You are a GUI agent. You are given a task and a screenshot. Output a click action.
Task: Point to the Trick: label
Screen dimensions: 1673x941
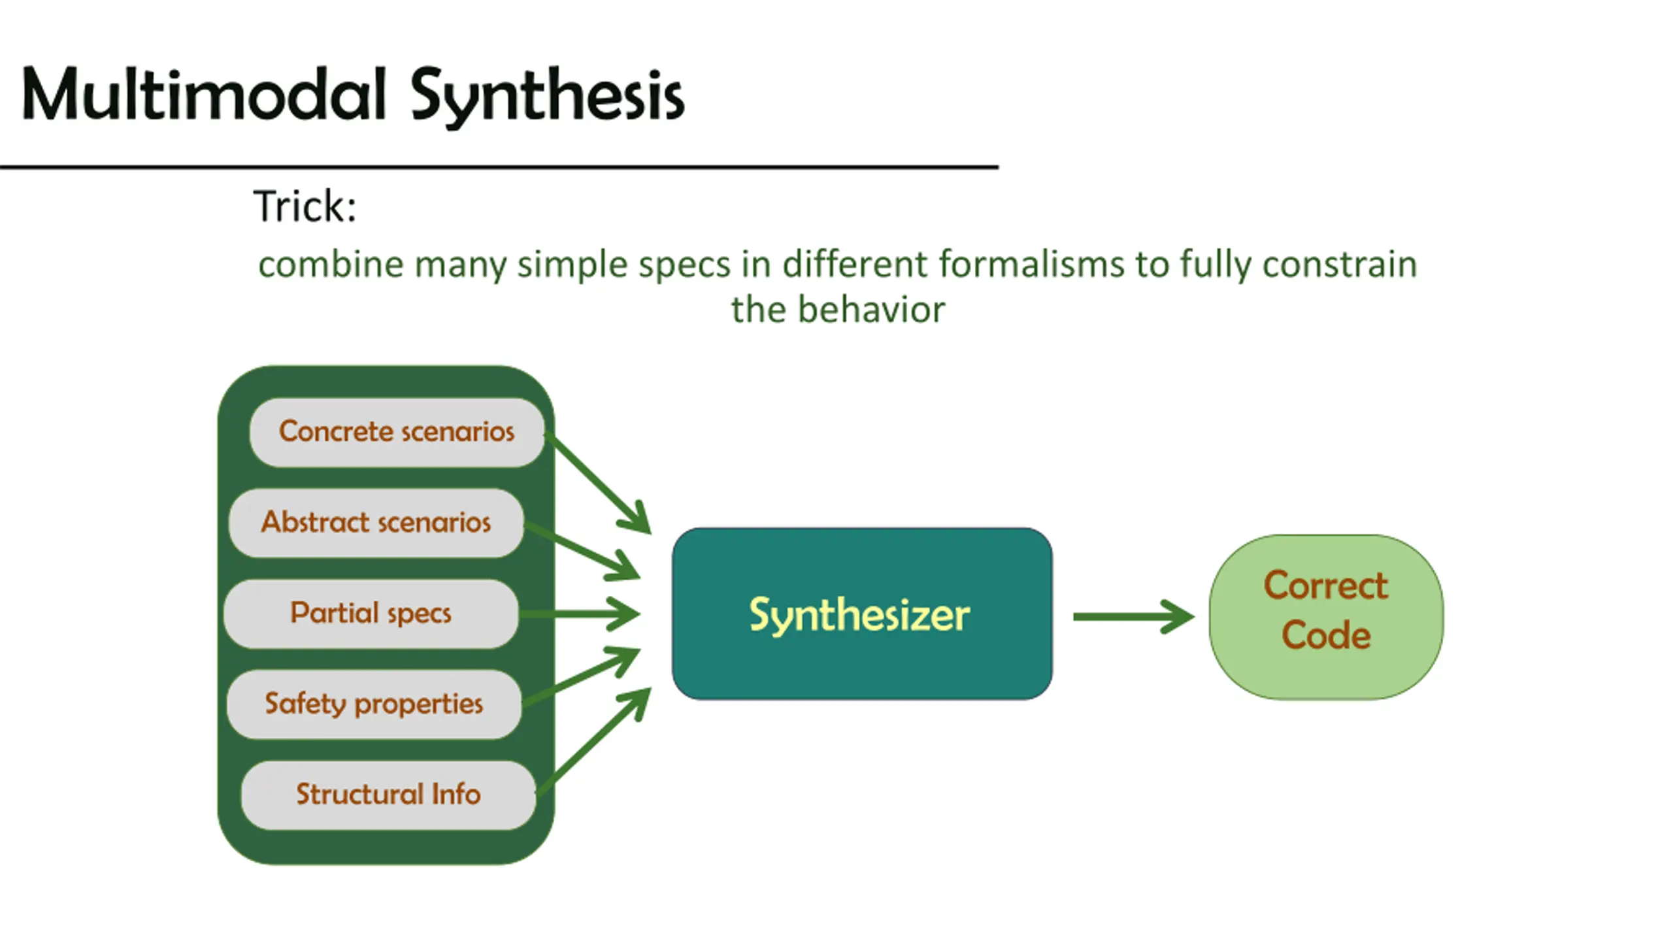click(305, 206)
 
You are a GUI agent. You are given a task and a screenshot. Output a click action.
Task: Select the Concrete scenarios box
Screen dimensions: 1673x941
click(397, 432)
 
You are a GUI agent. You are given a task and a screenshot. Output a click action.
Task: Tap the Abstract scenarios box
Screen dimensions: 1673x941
click(376, 523)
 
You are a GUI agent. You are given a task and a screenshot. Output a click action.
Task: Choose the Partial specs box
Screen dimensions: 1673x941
click(371, 614)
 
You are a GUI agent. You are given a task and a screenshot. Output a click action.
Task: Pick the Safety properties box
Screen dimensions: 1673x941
click(374, 704)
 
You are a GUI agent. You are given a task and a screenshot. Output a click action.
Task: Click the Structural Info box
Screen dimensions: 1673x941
click(388, 795)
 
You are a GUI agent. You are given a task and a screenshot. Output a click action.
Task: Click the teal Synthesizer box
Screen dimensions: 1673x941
click(862, 614)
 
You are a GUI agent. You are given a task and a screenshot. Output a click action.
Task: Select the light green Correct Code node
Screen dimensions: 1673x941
click(1326, 617)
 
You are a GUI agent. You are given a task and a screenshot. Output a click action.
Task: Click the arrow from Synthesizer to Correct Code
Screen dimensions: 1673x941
click(1134, 617)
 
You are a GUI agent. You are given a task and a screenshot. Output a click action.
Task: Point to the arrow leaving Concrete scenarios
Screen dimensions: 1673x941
click(598, 484)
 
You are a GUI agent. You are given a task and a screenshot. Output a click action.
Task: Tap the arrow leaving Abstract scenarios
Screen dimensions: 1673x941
click(582, 552)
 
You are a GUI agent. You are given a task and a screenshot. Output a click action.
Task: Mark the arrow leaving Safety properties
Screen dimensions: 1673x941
click(581, 676)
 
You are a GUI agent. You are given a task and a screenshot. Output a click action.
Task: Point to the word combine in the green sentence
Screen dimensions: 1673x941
click(331, 265)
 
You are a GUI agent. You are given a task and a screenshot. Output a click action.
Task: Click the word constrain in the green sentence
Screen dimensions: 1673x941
click(1339, 265)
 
